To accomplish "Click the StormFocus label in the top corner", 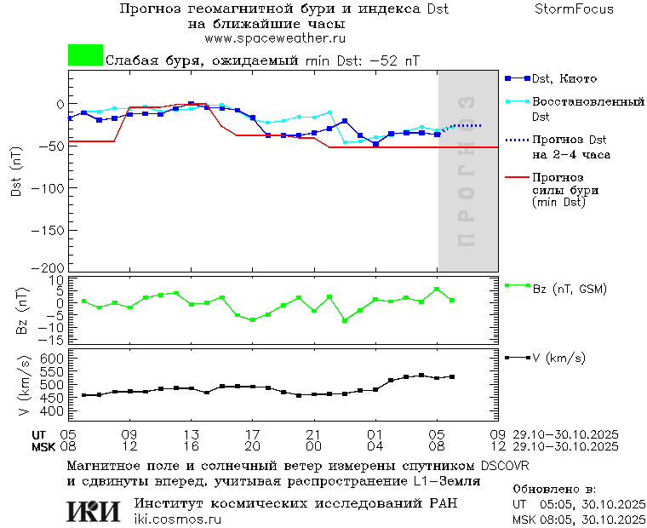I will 574,9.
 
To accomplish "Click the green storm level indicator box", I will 85,55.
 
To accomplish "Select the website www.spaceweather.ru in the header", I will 275,38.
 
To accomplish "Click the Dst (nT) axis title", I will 16,175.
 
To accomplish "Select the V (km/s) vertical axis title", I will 23,387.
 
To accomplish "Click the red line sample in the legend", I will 517,178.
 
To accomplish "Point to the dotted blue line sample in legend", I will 517,140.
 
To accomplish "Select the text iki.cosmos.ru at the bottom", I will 178,519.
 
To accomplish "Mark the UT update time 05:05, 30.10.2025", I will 593,504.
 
